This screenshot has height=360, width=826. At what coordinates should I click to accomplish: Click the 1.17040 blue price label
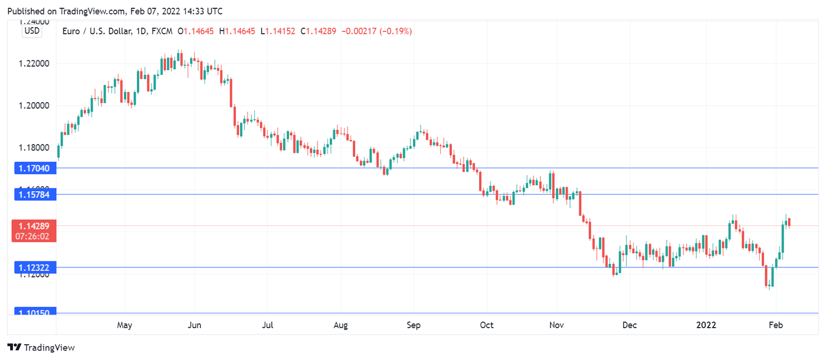(x=35, y=169)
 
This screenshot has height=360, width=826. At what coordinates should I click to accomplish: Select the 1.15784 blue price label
(x=35, y=194)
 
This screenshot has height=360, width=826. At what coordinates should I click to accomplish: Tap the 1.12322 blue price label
(x=35, y=268)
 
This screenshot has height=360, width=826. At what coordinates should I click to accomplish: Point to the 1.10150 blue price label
(x=35, y=312)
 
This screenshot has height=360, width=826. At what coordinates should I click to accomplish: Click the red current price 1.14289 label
(x=34, y=226)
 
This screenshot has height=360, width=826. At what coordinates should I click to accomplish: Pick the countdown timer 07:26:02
(x=34, y=235)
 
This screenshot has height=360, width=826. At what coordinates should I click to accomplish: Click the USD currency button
(x=32, y=31)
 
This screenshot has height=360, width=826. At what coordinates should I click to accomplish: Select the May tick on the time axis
(x=124, y=325)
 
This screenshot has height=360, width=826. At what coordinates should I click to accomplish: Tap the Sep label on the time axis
(x=414, y=325)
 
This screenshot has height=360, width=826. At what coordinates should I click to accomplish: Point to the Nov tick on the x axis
(x=557, y=325)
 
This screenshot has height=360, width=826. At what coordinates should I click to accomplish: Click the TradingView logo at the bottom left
(x=41, y=348)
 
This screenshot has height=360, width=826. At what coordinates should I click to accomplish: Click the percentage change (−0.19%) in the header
(x=395, y=31)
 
